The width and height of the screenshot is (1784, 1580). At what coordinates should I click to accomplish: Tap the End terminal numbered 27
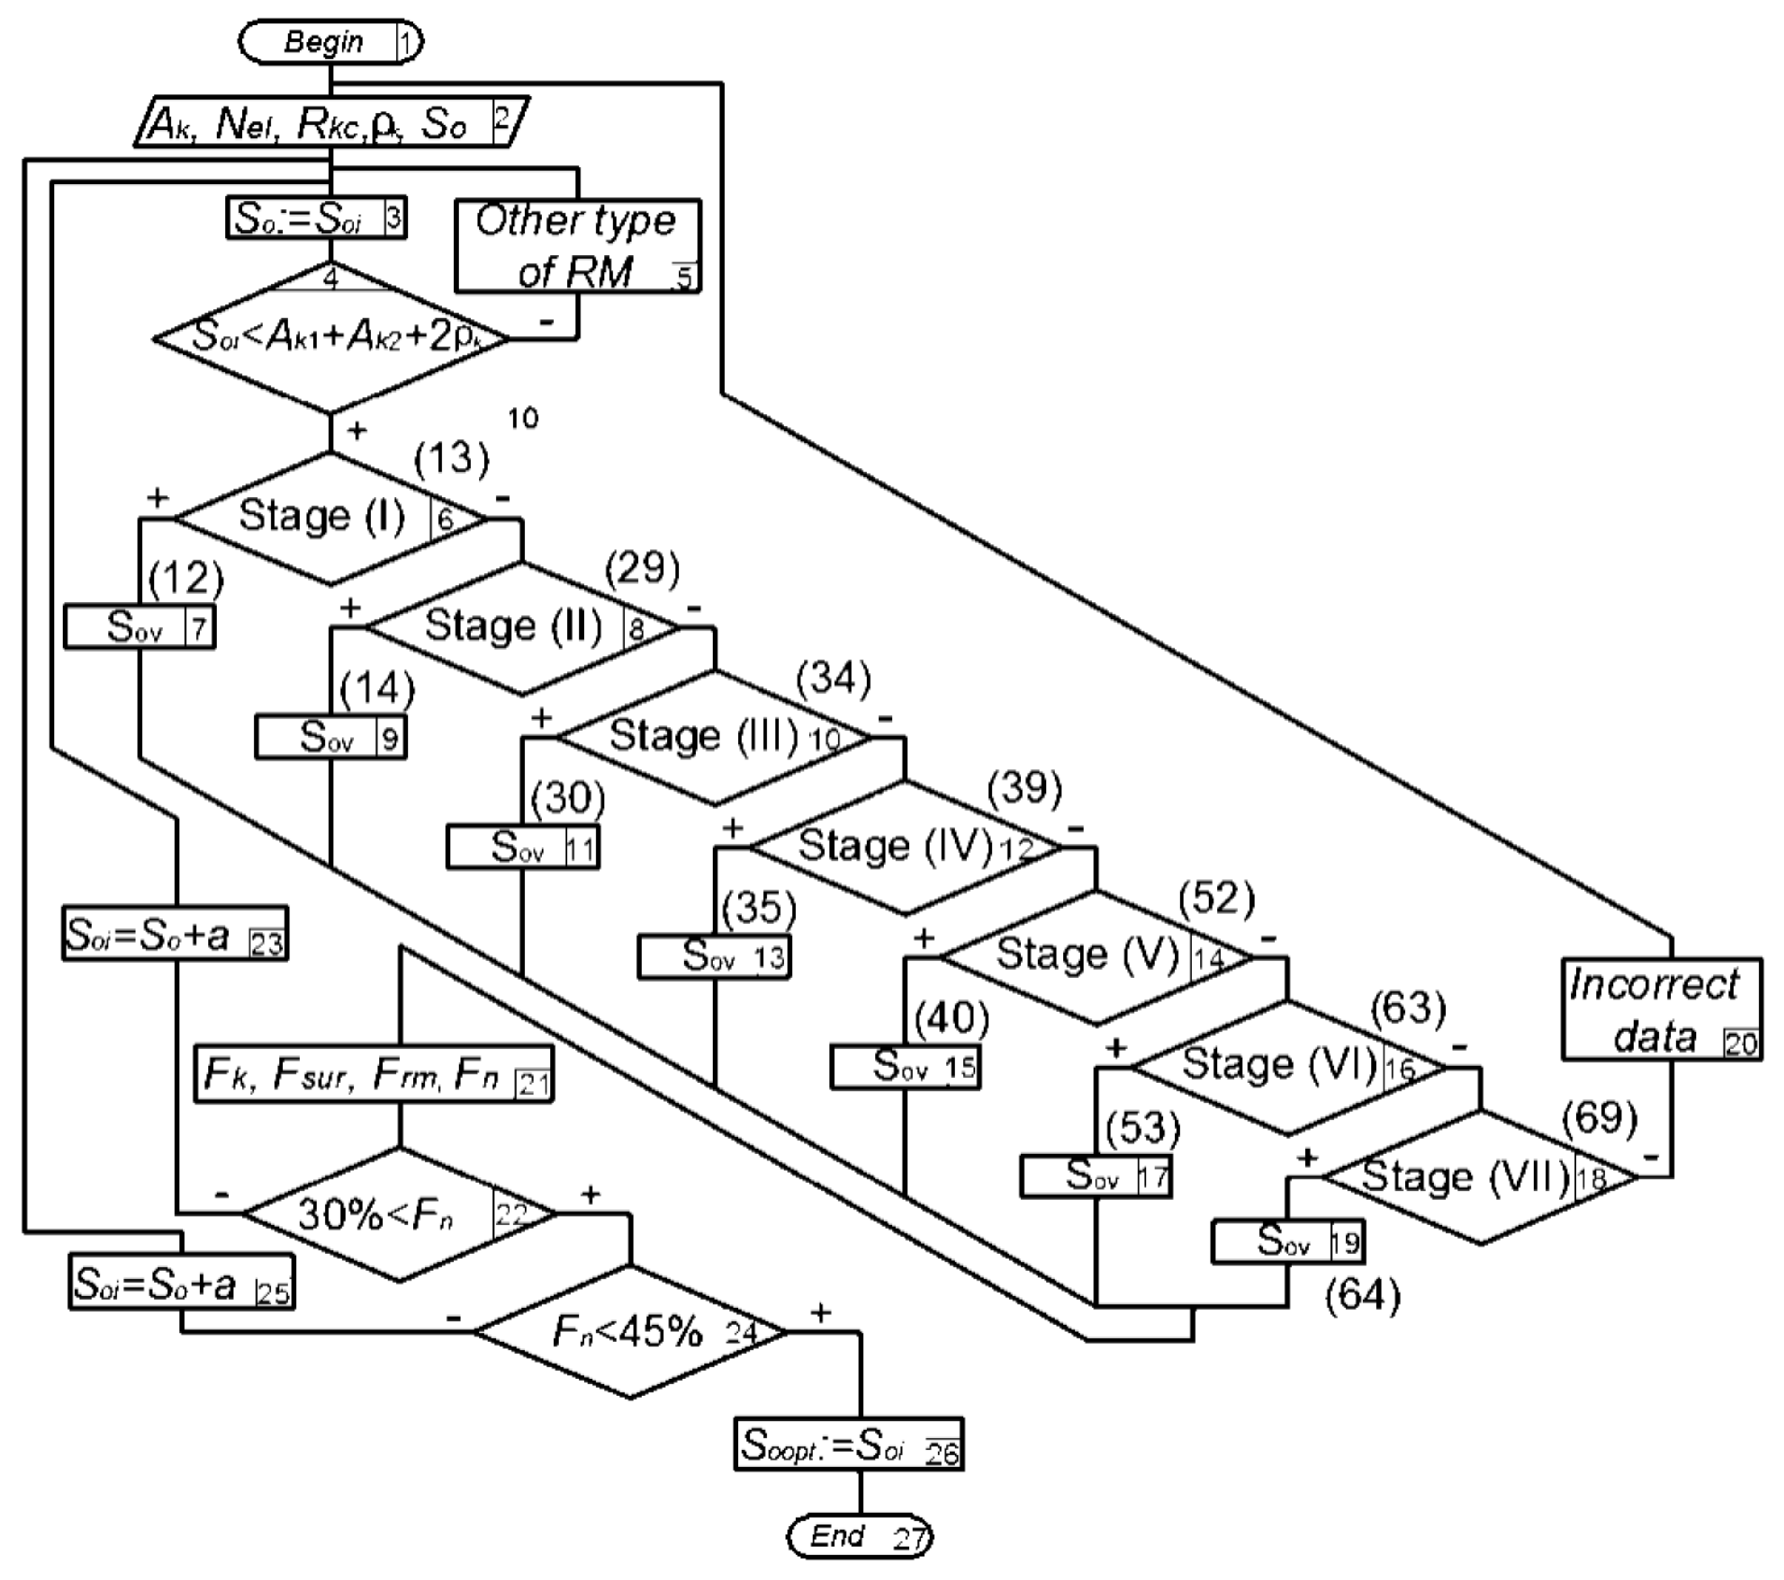click(x=860, y=1536)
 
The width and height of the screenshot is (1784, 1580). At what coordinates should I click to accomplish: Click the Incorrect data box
click(x=1660, y=1010)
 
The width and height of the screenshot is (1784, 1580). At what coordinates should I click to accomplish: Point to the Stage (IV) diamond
click(x=905, y=847)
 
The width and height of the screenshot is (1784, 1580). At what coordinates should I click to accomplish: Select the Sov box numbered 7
click(x=140, y=627)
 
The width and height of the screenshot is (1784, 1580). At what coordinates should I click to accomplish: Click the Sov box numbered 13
click(x=714, y=957)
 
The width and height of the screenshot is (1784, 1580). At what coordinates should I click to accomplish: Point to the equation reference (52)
click(x=1216, y=898)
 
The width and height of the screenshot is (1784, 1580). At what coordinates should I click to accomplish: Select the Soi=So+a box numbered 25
click(x=182, y=1282)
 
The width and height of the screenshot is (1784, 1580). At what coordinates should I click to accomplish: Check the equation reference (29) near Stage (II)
click(x=642, y=568)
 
